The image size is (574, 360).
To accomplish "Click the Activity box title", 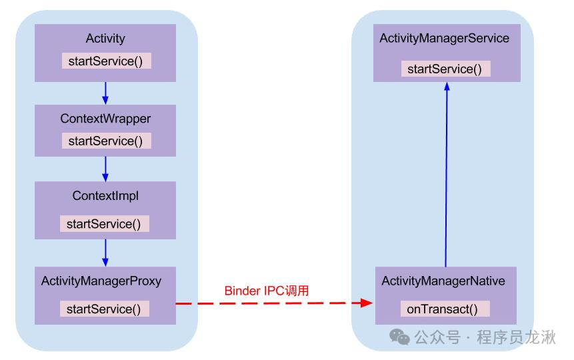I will point(105,39).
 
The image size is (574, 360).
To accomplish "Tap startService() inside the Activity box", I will point(107,61).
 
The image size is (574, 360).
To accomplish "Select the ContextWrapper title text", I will point(105,119).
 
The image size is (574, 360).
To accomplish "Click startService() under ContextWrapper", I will point(107,141).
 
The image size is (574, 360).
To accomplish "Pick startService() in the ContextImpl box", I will point(105,224).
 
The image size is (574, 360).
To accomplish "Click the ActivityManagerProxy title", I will point(101,281).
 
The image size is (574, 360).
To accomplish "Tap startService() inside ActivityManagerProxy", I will point(105,309).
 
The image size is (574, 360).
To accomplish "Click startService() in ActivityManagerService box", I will point(445,69).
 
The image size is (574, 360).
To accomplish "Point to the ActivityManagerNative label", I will point(443,281).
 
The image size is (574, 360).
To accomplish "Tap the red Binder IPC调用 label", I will point(267,291).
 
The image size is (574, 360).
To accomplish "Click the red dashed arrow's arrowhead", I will point(366,303).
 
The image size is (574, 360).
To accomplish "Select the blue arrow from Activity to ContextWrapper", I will point(105,92).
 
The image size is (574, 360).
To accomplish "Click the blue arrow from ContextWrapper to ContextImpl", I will point(105,169).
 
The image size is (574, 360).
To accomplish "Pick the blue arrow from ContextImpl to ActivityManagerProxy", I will point(105,252).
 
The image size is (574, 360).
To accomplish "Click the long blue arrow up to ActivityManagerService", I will point(446,173).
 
